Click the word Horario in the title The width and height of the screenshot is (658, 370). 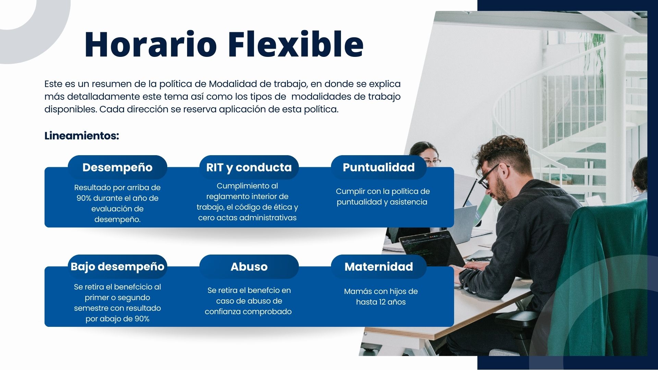coord(150,44)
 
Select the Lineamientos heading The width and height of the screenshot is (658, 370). coord(82,136)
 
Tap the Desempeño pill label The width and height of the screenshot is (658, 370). coord(118,167)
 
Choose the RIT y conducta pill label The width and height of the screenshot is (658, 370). coord(249,167)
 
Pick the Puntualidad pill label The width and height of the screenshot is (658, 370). coord(379,167)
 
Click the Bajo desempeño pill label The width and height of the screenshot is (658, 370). coord(118,267)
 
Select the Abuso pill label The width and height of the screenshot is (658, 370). coord(249,267)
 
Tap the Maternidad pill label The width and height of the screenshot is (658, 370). coord(379,267)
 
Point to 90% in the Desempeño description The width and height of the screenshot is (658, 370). coord(84,198)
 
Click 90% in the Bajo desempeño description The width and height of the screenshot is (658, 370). coord(142,319)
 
